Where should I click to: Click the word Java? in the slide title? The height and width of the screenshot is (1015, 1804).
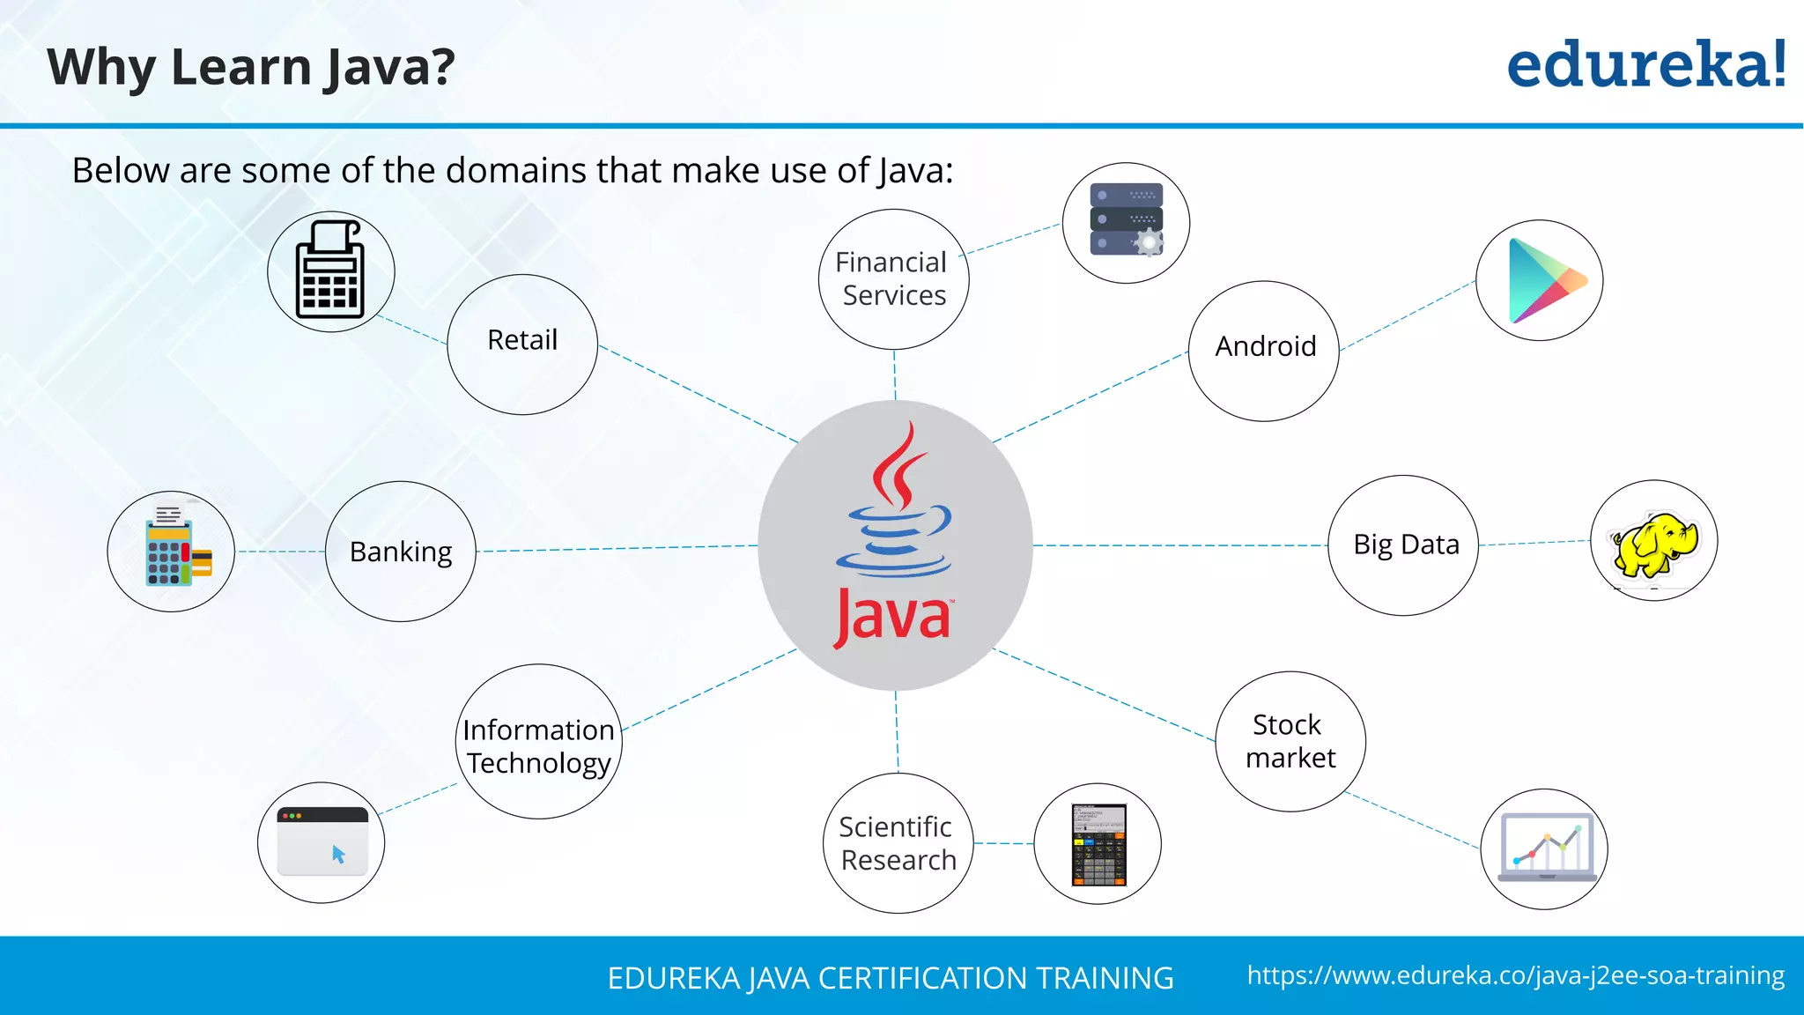388,67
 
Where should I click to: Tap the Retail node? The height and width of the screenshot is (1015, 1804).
522,345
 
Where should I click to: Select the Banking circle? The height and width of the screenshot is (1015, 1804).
401,552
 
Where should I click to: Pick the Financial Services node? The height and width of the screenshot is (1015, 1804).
893,279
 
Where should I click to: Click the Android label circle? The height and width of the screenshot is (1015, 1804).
1264,351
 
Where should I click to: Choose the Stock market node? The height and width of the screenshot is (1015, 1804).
1290,742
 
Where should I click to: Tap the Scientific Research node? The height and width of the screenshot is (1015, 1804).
898,843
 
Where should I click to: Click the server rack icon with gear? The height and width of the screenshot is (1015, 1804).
1126,221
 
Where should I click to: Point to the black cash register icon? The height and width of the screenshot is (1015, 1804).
330,270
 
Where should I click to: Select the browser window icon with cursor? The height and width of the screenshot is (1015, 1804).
322,841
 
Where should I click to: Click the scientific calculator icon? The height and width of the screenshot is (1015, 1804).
1098,844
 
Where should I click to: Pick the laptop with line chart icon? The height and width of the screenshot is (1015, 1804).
1546,848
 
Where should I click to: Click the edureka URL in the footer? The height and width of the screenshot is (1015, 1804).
1515,975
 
